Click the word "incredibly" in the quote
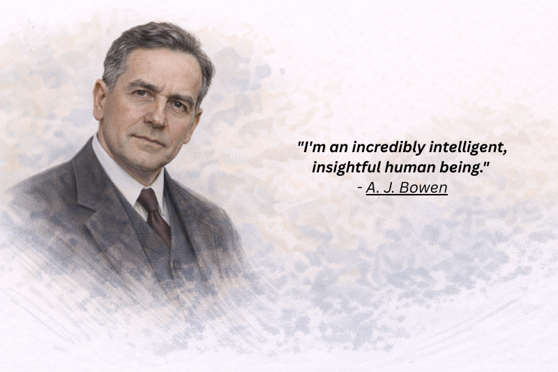coord(389,147)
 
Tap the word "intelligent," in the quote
coord(468,147)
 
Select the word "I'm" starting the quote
coord(314,147)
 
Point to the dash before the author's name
coord(360,188)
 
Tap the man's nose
coord(157,117)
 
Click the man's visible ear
coord(99,101)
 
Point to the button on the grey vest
coord(176,265)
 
